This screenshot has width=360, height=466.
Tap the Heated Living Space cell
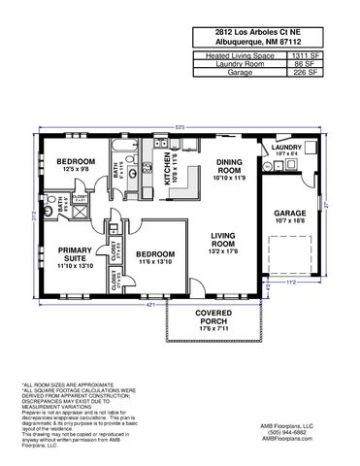240,57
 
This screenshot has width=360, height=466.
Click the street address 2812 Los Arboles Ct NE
268,31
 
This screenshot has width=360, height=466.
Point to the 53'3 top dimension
180,127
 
